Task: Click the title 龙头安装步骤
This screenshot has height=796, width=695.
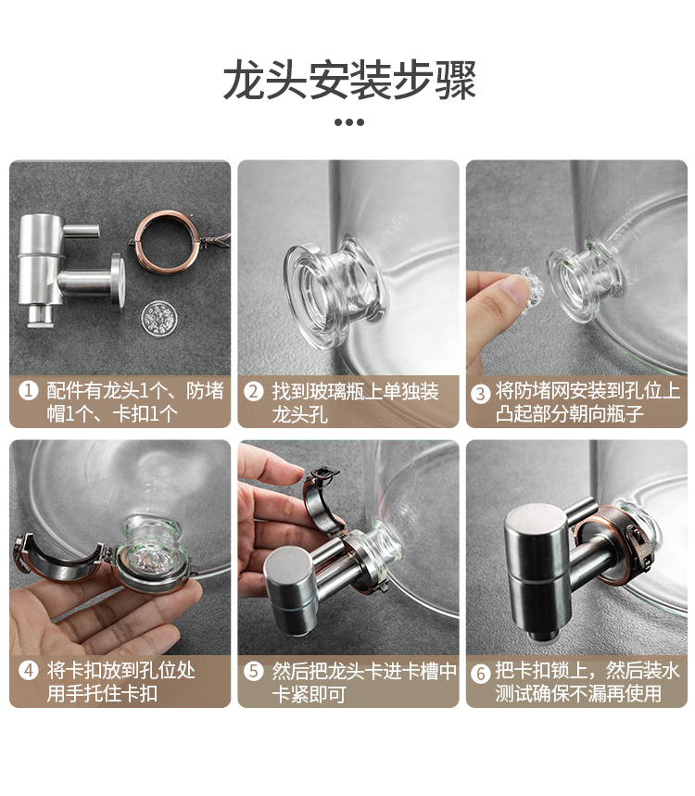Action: pos(349,80)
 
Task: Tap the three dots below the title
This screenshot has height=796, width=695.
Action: pos(349,122)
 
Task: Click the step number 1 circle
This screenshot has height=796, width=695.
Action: pos(29,390)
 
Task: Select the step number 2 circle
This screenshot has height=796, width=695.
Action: pos(253,391)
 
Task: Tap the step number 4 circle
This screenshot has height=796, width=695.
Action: pos(29,670)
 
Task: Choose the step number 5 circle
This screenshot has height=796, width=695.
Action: pos(253,671)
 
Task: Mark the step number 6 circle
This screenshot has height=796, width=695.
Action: pos(480,673)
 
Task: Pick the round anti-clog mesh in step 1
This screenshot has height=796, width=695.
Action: pos(158,318)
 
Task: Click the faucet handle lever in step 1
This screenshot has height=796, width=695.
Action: pos(82,231)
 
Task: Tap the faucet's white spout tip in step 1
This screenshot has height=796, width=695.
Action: pos(40,316)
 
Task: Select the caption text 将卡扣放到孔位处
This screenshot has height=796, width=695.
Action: pos(120,670)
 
